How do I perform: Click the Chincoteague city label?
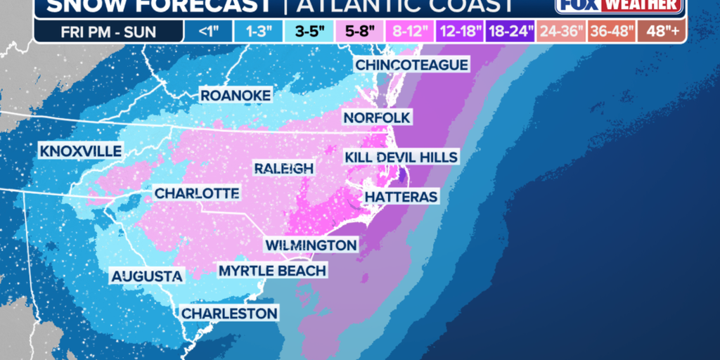411,65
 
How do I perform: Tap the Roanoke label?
236,96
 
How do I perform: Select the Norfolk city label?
377,117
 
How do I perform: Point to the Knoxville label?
81,151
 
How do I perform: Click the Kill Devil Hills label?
401,157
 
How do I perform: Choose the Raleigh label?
283,168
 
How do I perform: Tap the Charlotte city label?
197,193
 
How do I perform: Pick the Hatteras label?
401,196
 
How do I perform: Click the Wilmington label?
311,245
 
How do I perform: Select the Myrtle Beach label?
272,271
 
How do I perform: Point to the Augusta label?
147,276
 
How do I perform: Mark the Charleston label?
230,313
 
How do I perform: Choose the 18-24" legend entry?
510,32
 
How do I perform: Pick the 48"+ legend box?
662,32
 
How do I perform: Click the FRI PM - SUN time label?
108,32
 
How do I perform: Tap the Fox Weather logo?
618,6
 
